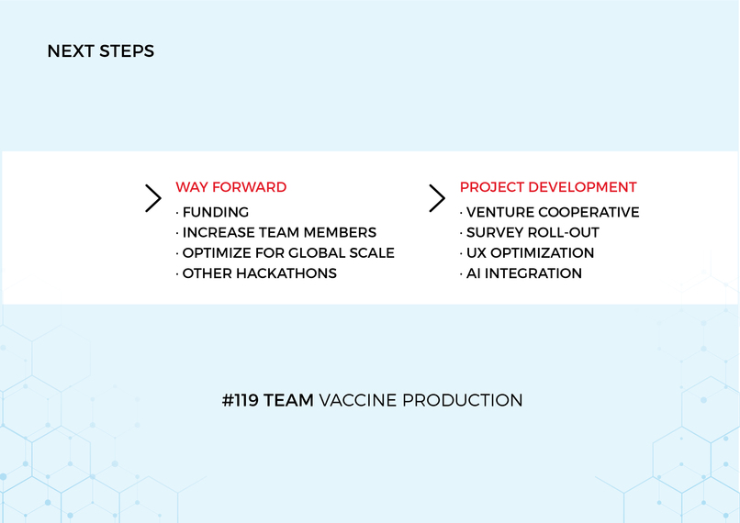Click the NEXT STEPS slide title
point(101,51)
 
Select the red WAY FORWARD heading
point(231,187)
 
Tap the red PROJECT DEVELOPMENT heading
point(548,187)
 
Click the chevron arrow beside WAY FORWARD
point(153,198)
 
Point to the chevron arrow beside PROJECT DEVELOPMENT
point(437,198)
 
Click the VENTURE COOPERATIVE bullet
point(552,212)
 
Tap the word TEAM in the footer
point(288,401)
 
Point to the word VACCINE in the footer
point(357,401)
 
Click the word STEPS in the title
point(128,51)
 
